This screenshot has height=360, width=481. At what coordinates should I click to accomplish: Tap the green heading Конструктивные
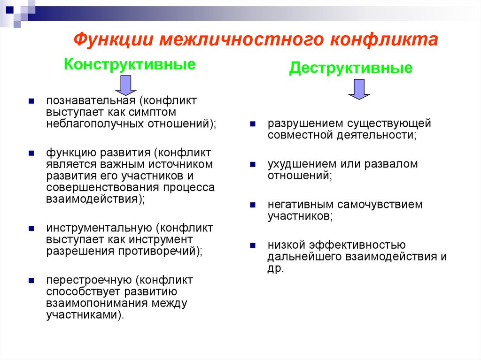click(130, 64)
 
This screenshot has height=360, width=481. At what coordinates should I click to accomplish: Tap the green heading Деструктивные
click(351, 69)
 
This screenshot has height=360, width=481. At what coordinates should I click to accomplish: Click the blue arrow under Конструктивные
click(125, 85)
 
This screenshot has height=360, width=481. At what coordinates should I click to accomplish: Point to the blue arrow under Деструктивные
click(359, 89)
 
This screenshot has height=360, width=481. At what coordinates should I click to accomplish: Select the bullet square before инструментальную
click(31, 229)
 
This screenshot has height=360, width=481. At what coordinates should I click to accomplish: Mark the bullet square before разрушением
click(253, 125)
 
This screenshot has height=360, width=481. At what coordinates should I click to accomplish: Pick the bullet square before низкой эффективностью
click(253, 245)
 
